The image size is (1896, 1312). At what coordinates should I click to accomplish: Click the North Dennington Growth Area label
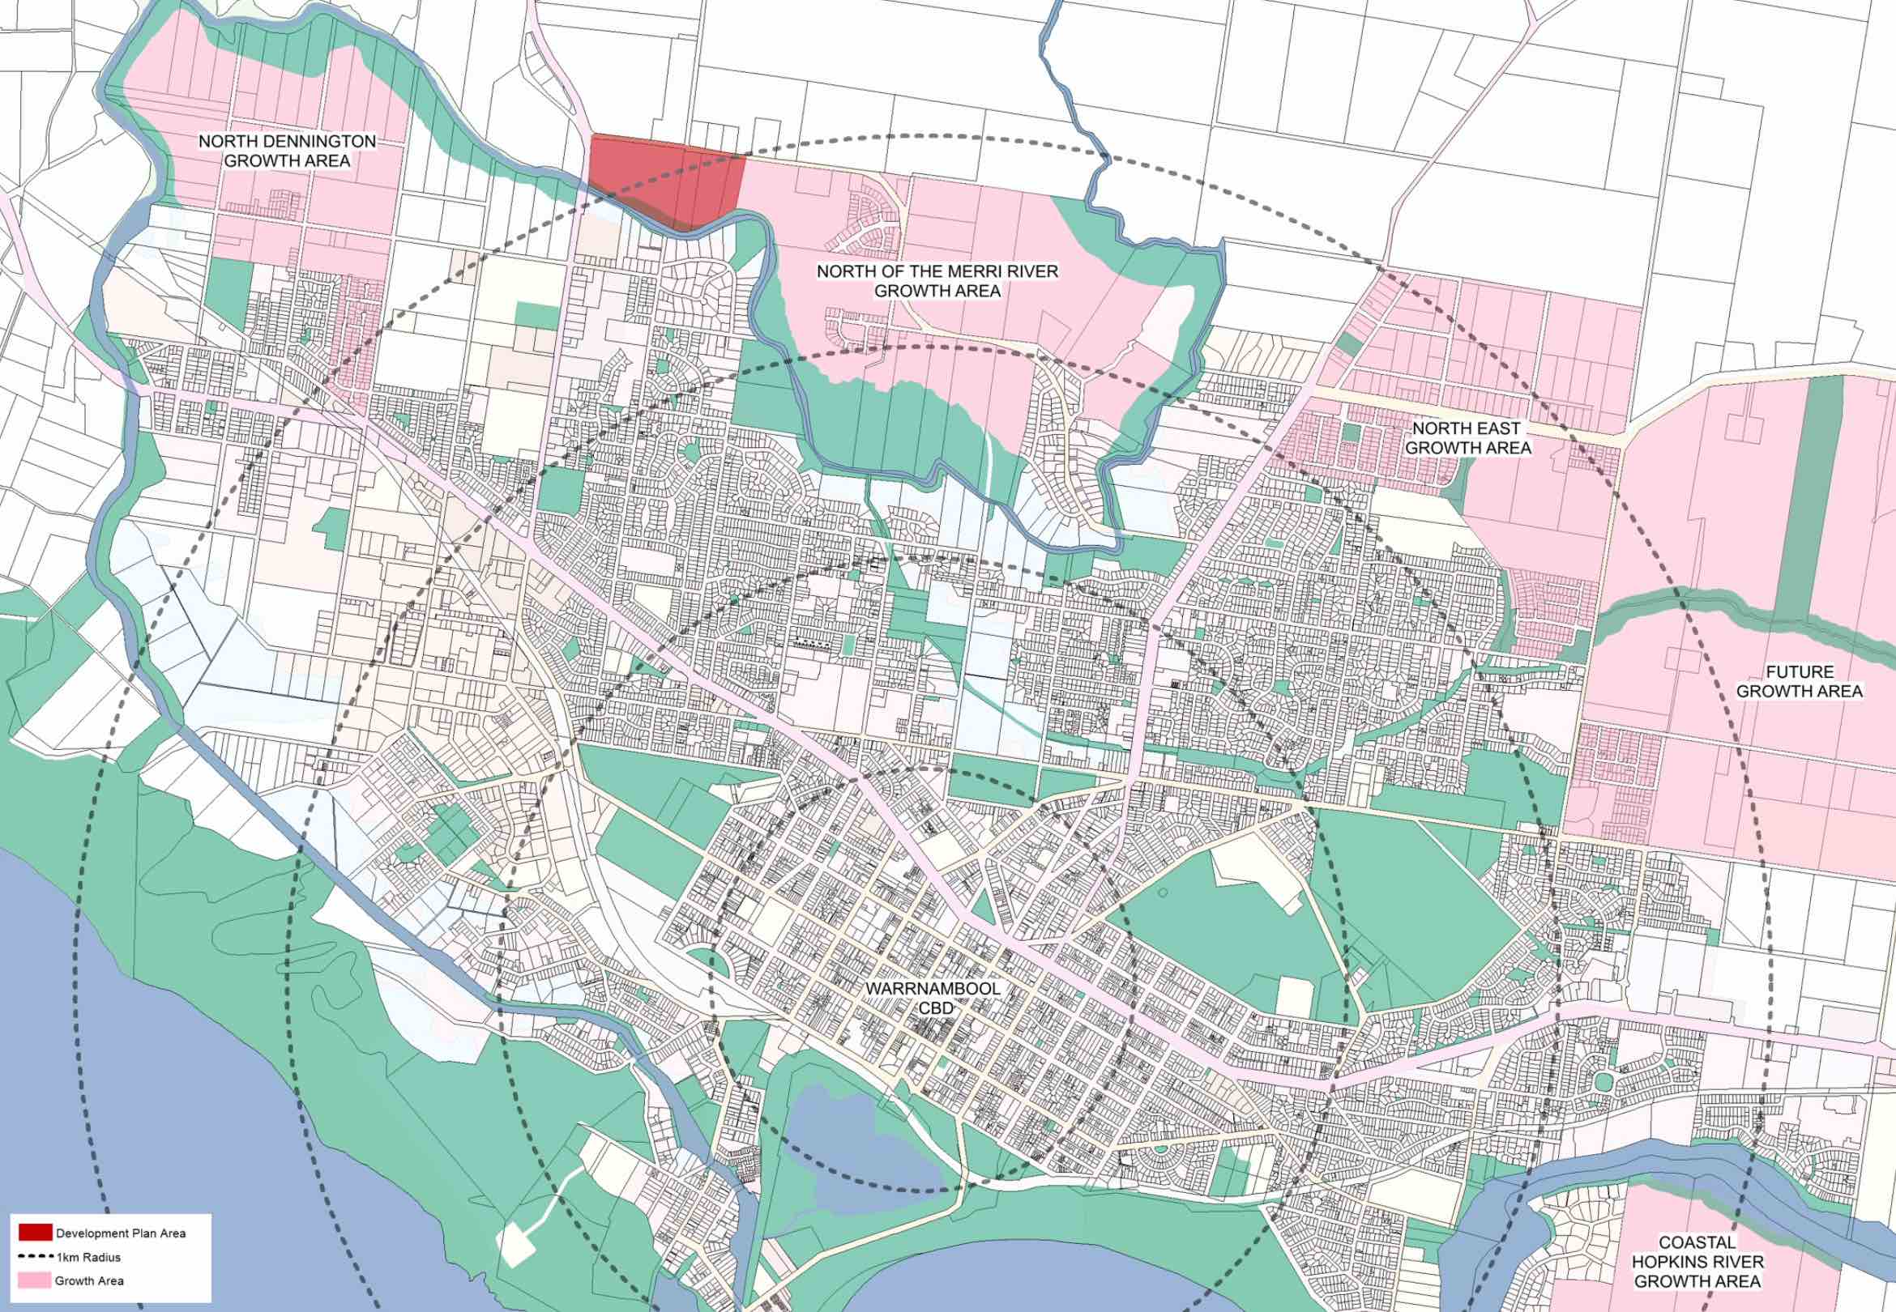pos(287,151)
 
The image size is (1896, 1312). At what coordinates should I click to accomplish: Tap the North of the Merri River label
pos(937,280)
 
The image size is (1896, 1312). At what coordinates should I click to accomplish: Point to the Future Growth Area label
pos(1799,681)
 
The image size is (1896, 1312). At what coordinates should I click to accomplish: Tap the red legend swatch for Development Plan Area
pos(36,1233)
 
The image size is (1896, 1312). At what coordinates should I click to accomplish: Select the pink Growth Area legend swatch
pos(36,1280)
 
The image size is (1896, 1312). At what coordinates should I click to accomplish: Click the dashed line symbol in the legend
pos(36,1257)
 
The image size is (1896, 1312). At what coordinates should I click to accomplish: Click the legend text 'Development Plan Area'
pos(120,1233)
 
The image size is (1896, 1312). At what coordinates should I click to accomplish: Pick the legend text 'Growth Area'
pos(90,1280)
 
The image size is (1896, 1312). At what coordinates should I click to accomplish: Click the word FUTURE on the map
pos(1799,672)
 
